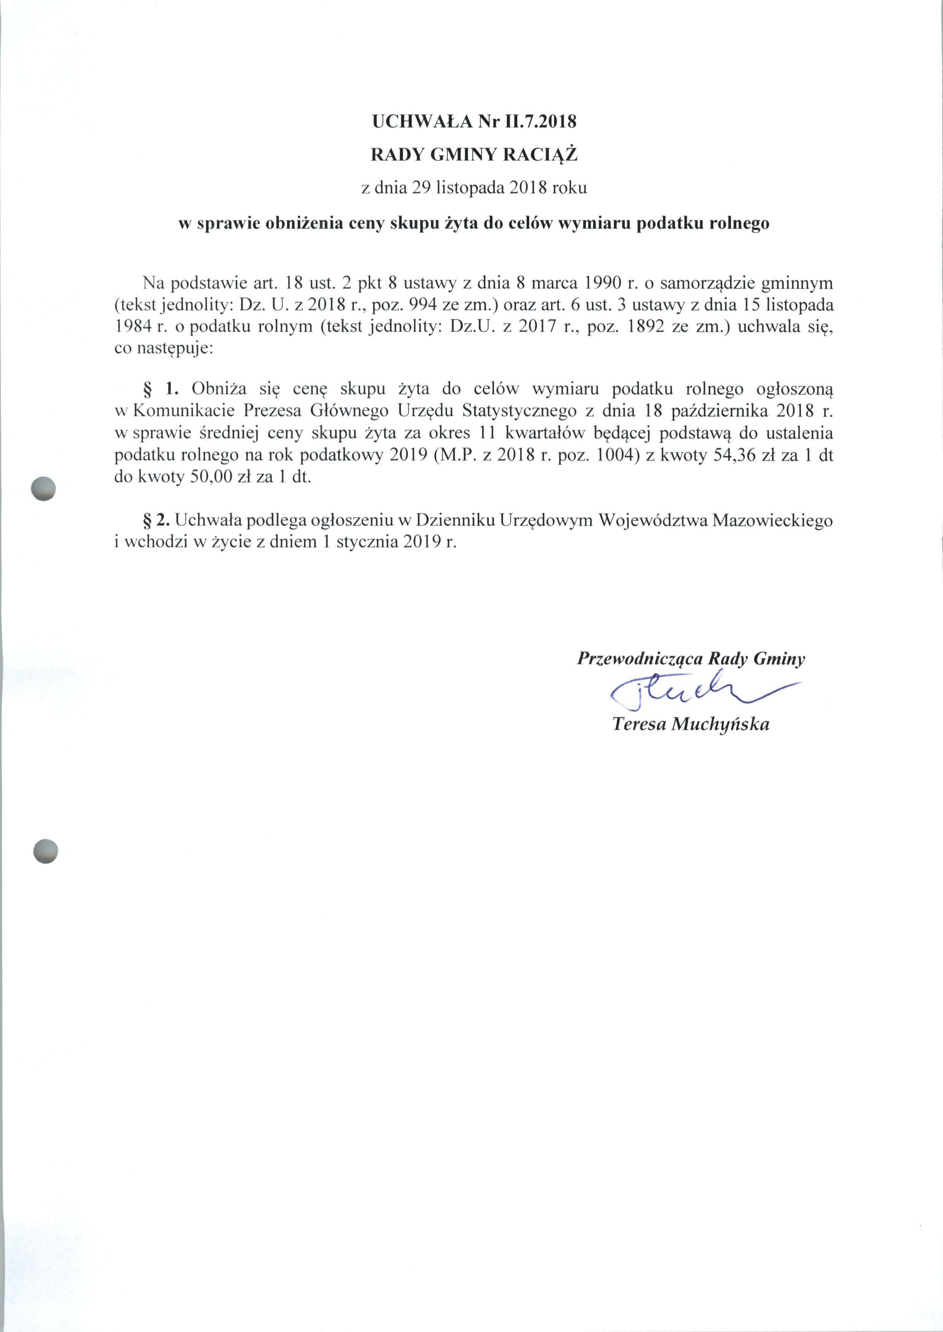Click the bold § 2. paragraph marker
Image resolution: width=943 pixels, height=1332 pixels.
(x=157, y=520)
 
